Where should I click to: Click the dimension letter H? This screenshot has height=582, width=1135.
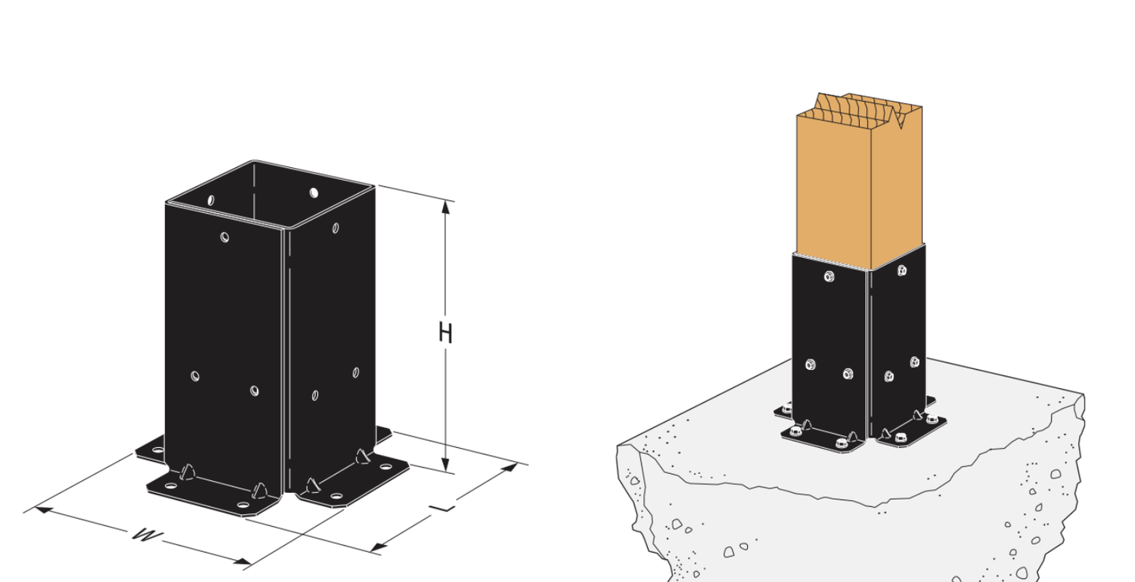tap(445, 333)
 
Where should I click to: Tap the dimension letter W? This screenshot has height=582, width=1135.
tap(147, 535)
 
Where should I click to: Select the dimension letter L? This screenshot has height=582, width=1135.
tap(442, 508)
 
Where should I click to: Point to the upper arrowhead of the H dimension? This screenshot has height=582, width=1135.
tap(445, 207)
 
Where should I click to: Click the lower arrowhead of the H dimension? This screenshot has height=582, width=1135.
tap(445, 464)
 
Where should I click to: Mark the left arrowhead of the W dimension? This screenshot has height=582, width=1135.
tap(44, 509)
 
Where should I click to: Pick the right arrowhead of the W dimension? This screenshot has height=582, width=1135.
tap(242, 561)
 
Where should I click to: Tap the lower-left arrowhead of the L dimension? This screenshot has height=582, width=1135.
tap(378, 547)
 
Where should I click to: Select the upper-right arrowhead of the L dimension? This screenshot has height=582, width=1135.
tap(509, 467)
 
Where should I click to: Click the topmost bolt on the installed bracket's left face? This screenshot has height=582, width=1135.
tap(829, 276)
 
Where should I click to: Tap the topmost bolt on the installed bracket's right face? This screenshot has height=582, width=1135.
tap(902, 270)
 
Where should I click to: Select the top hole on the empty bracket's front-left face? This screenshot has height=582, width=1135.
tap(225, 237)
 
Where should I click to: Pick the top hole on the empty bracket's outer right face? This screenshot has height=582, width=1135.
tap(336, 228)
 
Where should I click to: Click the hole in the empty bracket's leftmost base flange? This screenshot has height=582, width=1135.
tap(158, 450)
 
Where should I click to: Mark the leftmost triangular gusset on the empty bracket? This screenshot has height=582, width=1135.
tap(188, 472)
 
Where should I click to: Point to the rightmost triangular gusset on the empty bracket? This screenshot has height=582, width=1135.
tap(363, 457)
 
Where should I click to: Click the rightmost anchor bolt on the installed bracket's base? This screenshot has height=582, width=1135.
tap(932, 420)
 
